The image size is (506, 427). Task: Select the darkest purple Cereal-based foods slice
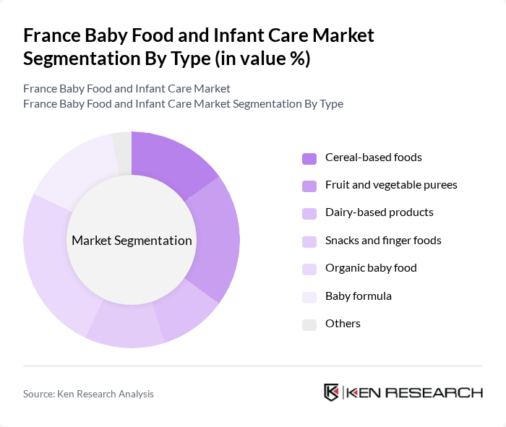coord(171,160)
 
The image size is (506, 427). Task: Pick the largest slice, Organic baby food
coord(51,260)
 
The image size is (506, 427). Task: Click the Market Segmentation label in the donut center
coord(132,241)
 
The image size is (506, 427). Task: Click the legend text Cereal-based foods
coord(373,158)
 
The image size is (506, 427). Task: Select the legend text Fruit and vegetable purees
coord(391,185)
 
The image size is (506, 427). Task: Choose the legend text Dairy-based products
coord(379,212)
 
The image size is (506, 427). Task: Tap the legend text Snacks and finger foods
coord(383,240)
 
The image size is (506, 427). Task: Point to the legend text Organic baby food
coord(371,268)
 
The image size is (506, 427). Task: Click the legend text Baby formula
coord(359,296)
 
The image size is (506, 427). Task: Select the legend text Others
coord(343,323)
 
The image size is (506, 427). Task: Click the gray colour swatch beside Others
coord(309,324)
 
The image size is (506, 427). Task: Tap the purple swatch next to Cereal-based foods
coord(309,158)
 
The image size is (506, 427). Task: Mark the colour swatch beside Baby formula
coord(309,296)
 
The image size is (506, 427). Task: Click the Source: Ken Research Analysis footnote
coord(88,394)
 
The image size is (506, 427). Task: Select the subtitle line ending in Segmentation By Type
coord(183,103)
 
